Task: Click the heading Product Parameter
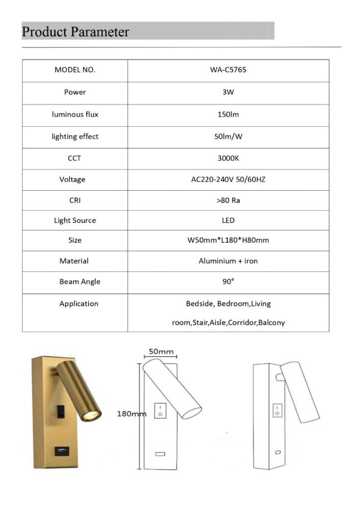click(x=75, y=32)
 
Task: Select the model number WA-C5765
click(x=228, y=70)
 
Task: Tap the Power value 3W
click(x=228, y=92)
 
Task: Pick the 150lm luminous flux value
click(x=228, y=115)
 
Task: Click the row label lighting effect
click(x=75, y=136)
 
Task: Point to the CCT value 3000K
click(x=228, y=158)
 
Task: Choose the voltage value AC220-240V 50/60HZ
click(x=228, y=180)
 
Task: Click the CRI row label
click(x=75, y=201)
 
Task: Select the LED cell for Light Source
click(x=228, y=220)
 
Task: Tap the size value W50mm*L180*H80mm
click(x=228, y=240)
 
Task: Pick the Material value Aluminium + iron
click(x=228, y=261)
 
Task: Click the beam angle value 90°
click(x=228, y=281)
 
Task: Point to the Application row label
click(x=78, y=304)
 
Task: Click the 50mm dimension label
click(x=161, y=351)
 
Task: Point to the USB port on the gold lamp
click(x=61, y=450)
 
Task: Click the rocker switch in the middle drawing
click(x=161, y=410)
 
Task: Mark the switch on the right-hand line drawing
click(x=277, y=410)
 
